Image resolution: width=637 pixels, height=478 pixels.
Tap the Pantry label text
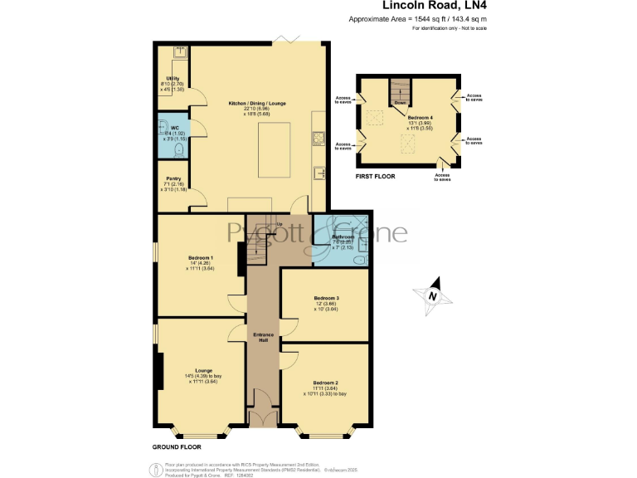tap(173, 178)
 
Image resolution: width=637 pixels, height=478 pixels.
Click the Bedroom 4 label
tap(421, 119)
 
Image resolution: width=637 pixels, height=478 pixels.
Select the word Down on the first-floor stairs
tap(400, 103)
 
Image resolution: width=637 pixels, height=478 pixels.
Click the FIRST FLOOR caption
tap(375, 176)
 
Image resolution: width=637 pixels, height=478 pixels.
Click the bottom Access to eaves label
tap(443, 177)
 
